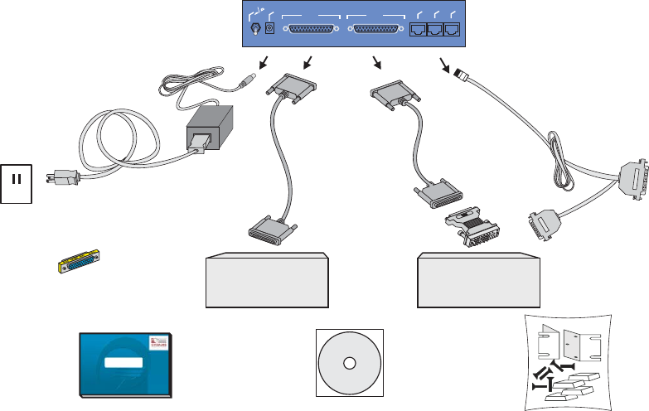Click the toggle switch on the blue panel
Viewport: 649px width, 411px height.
click(x=255, y=29)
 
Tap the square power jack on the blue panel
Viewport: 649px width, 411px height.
click(x=269, y=30)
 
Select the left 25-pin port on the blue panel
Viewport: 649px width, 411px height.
click(x=312, y=30)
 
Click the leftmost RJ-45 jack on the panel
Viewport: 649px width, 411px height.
click(x=418, y=30)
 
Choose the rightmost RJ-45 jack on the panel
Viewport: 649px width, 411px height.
click(x=452, y=30)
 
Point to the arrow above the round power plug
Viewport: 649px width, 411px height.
click(x=264, y=62)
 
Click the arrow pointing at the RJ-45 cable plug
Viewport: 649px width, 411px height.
click(x=445, y=63)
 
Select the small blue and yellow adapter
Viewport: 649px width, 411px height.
click(x=74, y=264)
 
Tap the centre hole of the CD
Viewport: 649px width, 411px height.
click(x=349, y=363)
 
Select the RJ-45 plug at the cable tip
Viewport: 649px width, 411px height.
click(x=461, y=76)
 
